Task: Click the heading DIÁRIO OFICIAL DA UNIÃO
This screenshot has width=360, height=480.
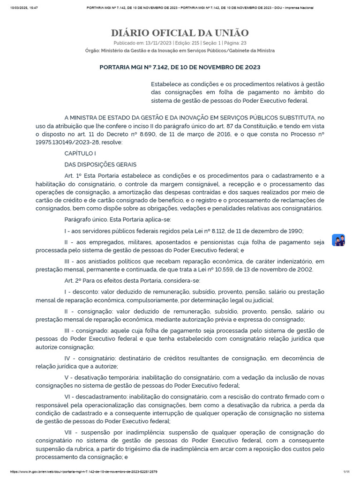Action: [x=180, y=33]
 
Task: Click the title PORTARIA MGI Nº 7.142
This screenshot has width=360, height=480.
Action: [x=180, y=67]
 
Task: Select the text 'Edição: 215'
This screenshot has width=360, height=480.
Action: [x=186, y=43]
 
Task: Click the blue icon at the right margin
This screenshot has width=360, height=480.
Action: [x=338, y=240]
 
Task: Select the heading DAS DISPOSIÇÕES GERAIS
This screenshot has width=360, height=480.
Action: [x=100, y=165]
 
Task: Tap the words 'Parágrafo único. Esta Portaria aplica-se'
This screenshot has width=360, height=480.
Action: [x=118, y=219]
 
